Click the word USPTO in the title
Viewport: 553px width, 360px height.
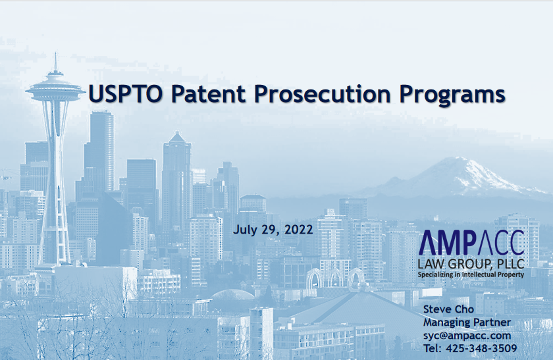[126, 94]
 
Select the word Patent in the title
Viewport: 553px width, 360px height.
[209, 94]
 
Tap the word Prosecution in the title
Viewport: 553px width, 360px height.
[323, 94]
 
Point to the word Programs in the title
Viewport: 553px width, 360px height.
[452, 95]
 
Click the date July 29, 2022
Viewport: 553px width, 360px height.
[273, 230]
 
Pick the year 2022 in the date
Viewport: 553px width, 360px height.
[299, 230]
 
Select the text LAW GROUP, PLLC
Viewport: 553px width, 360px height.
[471, 263]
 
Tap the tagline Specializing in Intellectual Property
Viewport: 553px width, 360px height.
[471, 274]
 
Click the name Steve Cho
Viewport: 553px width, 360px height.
[448, 309]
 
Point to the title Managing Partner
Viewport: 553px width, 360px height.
[467, 322]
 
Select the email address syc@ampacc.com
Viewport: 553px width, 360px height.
[467, 335]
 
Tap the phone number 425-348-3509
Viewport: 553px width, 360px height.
[481, 348]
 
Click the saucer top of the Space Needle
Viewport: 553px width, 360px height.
[55, 91]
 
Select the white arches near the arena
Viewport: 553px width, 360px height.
[334, 277]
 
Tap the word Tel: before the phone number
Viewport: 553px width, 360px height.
[433, 348]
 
